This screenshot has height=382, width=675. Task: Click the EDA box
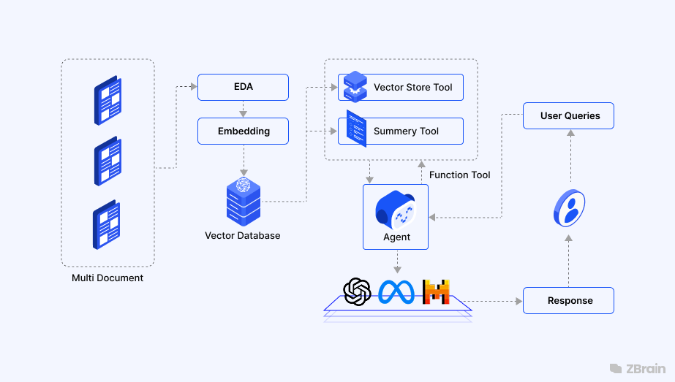click(x=243, y=87)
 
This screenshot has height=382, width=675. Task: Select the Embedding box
click(x=243, y=131)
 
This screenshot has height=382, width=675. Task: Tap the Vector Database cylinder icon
click(x=243, y=200)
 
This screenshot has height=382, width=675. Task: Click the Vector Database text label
click(x=242, y=236)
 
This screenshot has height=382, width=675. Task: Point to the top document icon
click(x=108, y=100)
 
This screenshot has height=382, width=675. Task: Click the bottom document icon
click(x=108, y=225)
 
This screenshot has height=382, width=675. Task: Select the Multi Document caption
click(x=108, y=278)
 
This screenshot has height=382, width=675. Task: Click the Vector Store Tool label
click(x=412, y=88)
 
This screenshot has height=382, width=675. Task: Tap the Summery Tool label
click(x=406, y=131)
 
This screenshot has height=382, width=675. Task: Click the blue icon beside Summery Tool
click(x=356, y=129)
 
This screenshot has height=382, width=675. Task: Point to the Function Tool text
click(x=459, y=175)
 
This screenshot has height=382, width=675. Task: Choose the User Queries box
click(x=569, y=115)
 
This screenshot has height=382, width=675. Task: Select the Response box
click(x=569, y=301)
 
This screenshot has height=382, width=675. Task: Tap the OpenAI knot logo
click(x=358, y=292)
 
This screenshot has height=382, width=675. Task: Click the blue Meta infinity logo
click(x=396, y=292)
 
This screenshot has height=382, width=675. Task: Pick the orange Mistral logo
click(x=436, y=292)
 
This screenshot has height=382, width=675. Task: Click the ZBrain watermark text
click(x=646, y=369)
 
